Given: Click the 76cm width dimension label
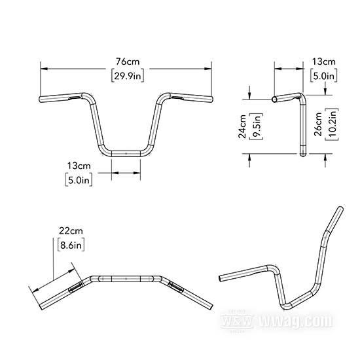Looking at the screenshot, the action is tap(128, 62).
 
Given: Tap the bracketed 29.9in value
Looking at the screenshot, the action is tap(128, 75).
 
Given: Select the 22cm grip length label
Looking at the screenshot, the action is tap(71, 231).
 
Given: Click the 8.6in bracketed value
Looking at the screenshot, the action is tap(71, 245).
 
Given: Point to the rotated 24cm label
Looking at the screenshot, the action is tap(242, 126).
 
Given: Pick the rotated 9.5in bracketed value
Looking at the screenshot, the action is tap(256, 126).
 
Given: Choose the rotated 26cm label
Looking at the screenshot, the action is tap(318, 124).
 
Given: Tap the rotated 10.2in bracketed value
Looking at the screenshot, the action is tap(332, 124).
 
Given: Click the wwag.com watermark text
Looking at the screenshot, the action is tap(296, 320).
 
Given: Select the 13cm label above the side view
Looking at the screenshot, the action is tap(324, 62).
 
